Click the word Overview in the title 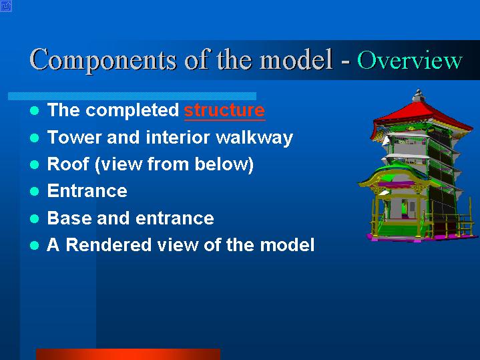pyautogui.click(x=410, y=60)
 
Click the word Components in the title pyautogui.click(x=103, y=60)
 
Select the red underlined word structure pyautogui.click(x=224, y=110)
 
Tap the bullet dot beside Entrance pyautogui.click(x=35, y=192)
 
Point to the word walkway pyautogui.click(x=254, y=138)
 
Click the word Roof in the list pyautogui.click(x=68, y=164)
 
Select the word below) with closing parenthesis pyautogui.click(x=224, y=164)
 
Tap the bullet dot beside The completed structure pyautogui.click(x=35, y=111)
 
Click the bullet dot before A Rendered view pyautogui.click(x=35, y=245)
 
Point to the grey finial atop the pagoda pyautogui.click(x=418, y=96)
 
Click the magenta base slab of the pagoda pyautogui.click(x=422, y=238)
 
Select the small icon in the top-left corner pyautogui.click(x=6, y=6)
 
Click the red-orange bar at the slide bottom pyautogui.click(x=128, y=354)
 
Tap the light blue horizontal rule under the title pyautogui.click(x=132, y=96)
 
